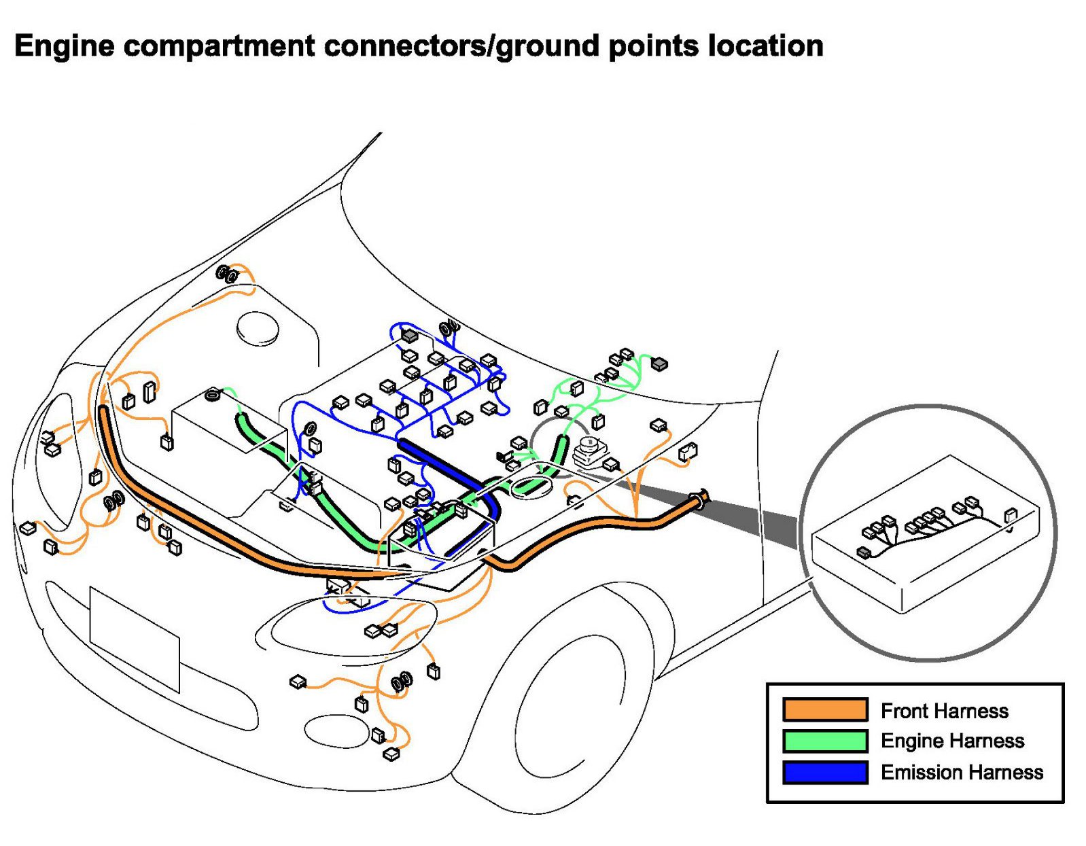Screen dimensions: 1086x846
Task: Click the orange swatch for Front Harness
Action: [x=824, y=709]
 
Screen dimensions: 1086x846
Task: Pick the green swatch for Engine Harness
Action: [x=824, y=741]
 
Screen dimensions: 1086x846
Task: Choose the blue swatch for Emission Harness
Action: [x=824, y=772]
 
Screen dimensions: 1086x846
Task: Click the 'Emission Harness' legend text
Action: [x=962, y=773]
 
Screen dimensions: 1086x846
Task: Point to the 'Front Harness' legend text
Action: [x=945, y=711]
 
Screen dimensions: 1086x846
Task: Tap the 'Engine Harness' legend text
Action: [x=952, y=741]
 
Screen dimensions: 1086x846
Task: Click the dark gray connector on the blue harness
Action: [x=409, y=335]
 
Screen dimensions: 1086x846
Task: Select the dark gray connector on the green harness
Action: [x=659, y=364]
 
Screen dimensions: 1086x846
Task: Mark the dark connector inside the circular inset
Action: [x=864, y=552]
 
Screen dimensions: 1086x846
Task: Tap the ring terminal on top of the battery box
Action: [x=213, y=395]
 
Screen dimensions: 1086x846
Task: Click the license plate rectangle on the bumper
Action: [x=135, y=639]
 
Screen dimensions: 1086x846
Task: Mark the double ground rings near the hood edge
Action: [x=228, y=274]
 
